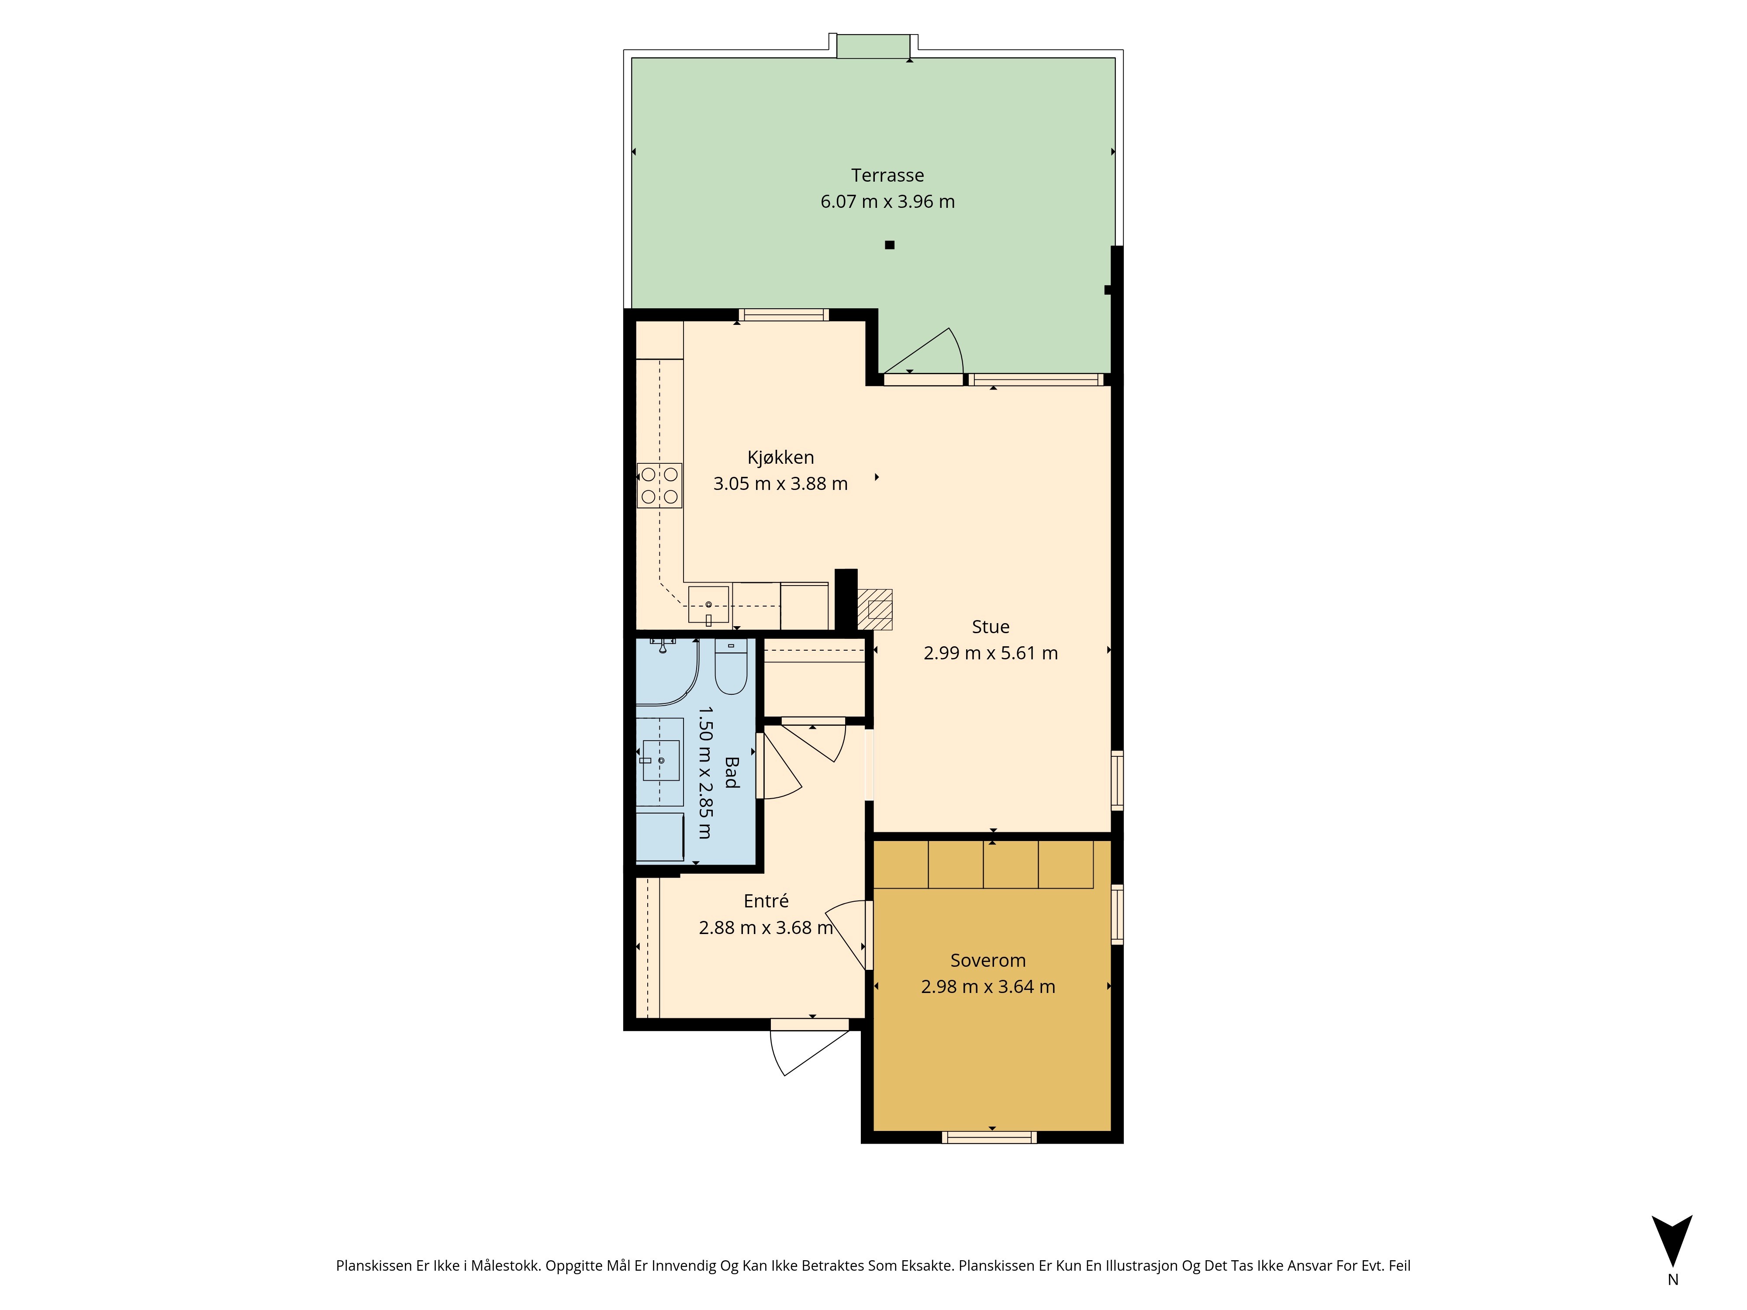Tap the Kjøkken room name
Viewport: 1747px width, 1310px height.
(x=780, y=457)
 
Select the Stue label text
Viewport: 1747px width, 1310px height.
(x=991, y=627)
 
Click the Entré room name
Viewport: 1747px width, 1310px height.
(x=766, y=901)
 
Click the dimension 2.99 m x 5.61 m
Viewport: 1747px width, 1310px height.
(x=991, y=653)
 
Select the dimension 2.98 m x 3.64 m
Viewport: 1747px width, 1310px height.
(x=988, y=986)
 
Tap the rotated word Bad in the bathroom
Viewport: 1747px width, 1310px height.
(x=732, y=772)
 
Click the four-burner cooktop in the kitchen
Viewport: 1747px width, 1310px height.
(x=659, y=485)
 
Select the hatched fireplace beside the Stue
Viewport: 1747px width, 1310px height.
(x=875, y=610)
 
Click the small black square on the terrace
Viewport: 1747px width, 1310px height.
(x=889, y=245)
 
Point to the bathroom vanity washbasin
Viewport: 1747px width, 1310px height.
(x=661, y=760)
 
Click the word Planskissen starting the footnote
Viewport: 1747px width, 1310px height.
(x=373, y=1266)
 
